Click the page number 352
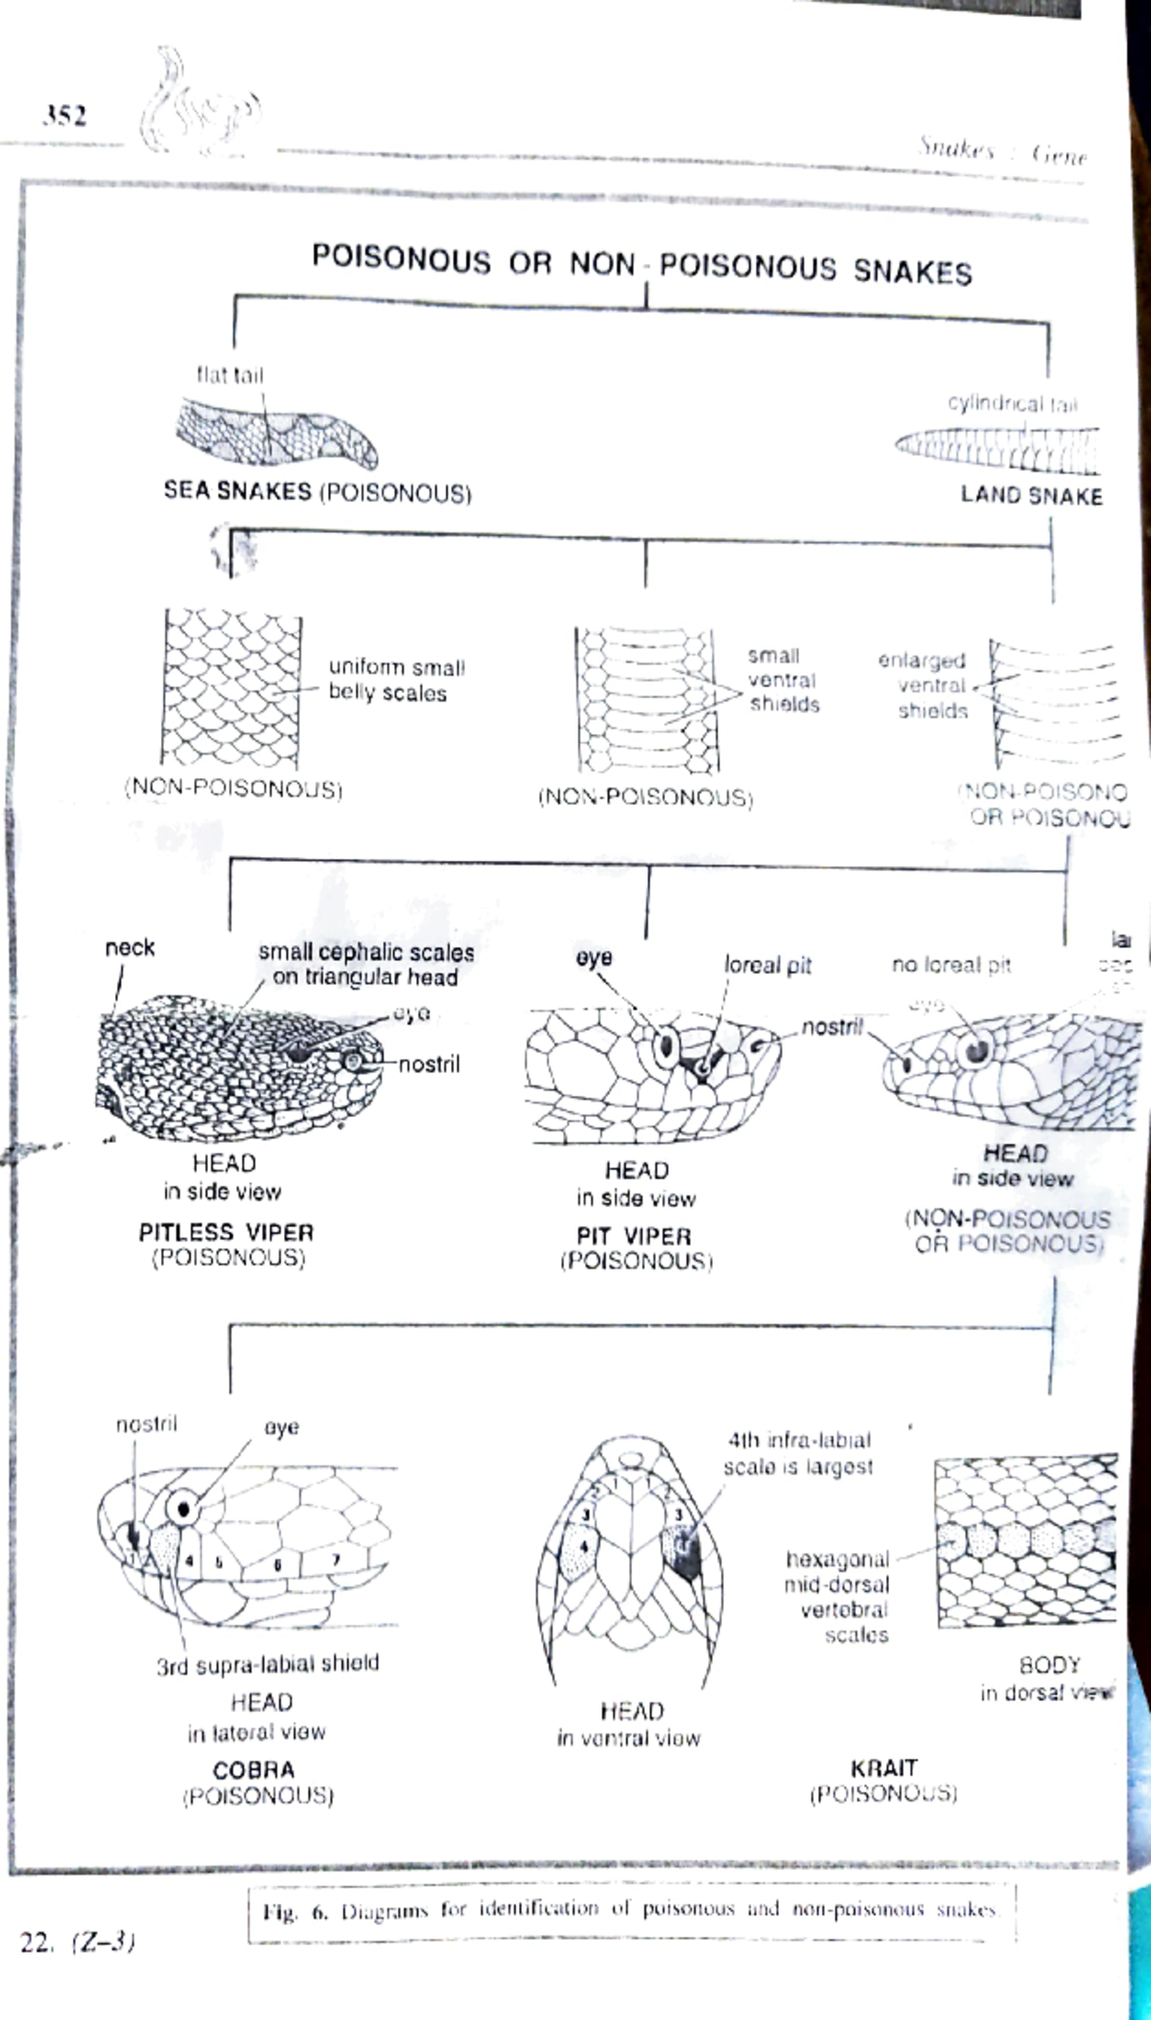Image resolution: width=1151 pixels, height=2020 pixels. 64,116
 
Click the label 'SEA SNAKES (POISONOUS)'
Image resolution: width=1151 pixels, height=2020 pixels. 317,491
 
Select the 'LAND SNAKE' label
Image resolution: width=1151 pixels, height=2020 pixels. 1031,495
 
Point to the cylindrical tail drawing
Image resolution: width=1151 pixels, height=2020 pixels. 998,448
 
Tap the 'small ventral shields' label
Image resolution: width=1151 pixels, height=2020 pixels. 784,679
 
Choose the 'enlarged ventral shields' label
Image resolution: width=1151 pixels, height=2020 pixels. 923,685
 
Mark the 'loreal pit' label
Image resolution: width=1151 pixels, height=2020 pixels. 767,965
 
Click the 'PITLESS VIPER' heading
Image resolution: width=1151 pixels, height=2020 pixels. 226,1232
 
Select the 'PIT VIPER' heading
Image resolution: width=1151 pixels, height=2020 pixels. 634,1236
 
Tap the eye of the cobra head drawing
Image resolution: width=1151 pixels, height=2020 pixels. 181,1508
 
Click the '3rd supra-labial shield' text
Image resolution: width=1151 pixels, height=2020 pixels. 268,1663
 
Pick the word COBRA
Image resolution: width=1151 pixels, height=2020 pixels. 253,1770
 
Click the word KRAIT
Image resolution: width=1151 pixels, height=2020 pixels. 883,1768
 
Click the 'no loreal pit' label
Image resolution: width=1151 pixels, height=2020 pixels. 951,964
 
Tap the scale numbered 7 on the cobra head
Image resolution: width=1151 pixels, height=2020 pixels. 336,1560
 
